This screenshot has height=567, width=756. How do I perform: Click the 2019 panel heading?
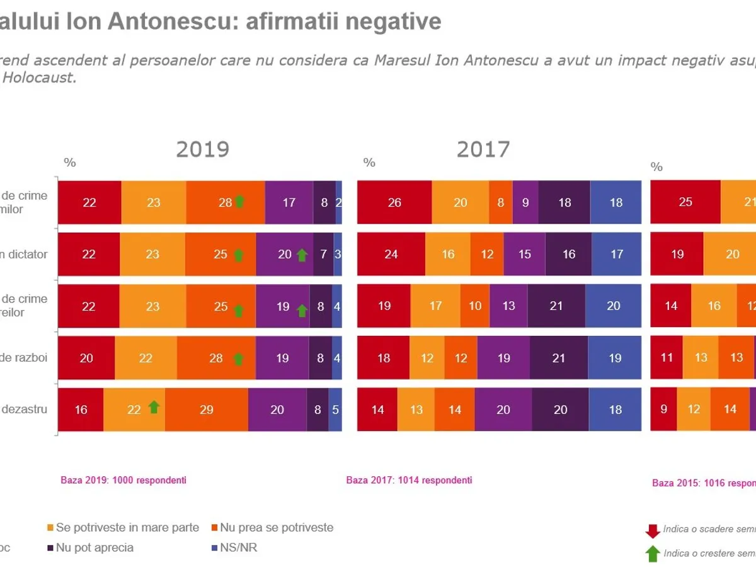(x=202, y=149)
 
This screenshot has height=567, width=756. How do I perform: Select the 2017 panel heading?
(x=483, y=149)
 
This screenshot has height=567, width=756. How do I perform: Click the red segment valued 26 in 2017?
(x=394, y=202)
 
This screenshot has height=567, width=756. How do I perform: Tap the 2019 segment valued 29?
(x=207, y=409)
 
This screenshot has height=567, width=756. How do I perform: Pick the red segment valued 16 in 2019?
(x=81, y=409)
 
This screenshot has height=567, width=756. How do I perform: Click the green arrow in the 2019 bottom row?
(x=154, y=407)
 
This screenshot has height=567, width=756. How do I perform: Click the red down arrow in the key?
(x=653, y=530)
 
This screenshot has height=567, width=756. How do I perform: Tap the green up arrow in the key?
(x=653, y=553)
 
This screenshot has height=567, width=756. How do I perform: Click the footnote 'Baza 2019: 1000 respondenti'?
(x=123, y=480)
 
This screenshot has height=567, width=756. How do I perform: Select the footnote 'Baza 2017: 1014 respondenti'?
(x=409, y=480)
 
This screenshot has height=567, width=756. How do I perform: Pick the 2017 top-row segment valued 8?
(x=501, y=202)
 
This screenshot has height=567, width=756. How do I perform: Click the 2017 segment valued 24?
(x=391, y=254)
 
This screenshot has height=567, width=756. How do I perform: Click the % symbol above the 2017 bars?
(x=369, y=163)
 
